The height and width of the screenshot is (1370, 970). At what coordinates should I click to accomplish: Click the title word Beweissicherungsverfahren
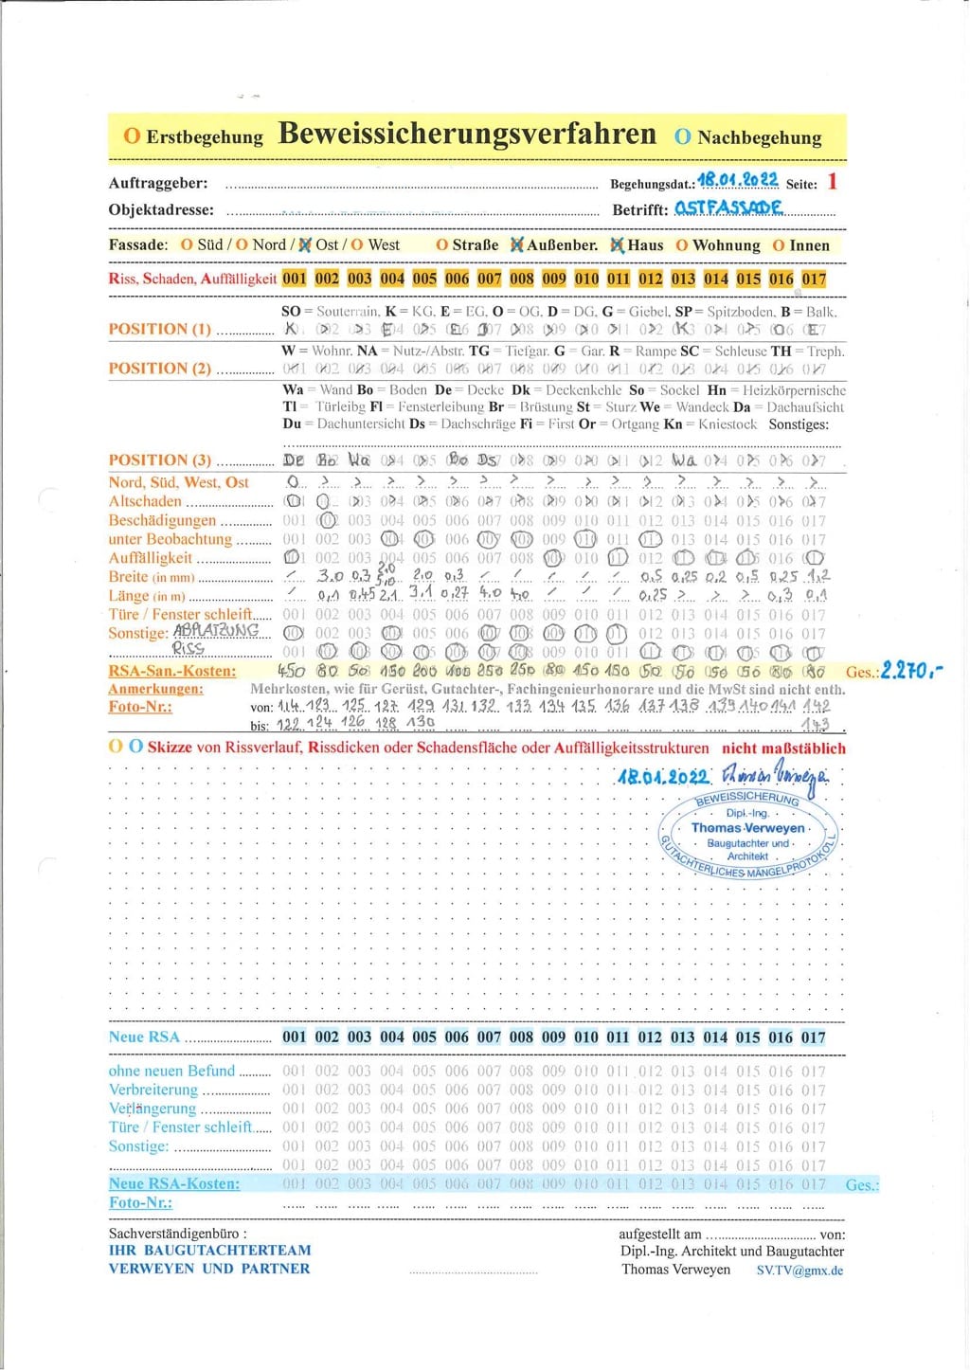pyautogui.click(x=467, y=135)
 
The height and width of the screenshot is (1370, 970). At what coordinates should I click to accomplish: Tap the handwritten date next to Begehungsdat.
pyautogui.click(x=737, y=180)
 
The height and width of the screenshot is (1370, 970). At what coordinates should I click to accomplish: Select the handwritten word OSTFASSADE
pyautogui.click(x=728, y=207)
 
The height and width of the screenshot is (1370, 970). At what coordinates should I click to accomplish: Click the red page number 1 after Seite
pyautogui.click(x=832, y=182)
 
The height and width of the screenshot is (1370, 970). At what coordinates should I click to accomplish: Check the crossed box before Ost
pyautogui.click(x=305, y=244)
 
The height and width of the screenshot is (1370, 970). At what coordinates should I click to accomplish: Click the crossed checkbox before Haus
pyautogui.click(x=618, y=245)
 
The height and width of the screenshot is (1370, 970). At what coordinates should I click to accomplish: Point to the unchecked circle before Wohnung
pyautogui.click(x=682, y=245)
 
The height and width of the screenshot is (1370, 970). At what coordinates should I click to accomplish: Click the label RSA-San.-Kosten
pyautogui.click(x=171, y=671)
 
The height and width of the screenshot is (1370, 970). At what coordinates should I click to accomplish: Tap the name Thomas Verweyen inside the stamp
pyautogui.click(x=747, y=827)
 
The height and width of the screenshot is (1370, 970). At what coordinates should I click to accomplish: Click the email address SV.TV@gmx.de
pyautogui.click(x=799, y=1271)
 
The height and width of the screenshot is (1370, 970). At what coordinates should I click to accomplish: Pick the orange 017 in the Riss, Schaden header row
pyautogui.click(x=814, y=279)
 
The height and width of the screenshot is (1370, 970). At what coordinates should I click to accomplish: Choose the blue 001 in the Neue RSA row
pyautogui.click(x=295, y=1037)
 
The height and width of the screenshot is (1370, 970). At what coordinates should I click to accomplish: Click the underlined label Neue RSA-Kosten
pyautogui.click(x=173, y=1183)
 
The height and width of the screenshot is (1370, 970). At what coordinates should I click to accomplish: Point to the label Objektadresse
pyautogui.click(x=161, y=210)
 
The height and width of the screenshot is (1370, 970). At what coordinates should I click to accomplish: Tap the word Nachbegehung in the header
pyautogui.click(x=759, y=137)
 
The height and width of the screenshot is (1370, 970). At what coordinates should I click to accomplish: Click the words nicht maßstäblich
pyautogui.click(x=783, y=748)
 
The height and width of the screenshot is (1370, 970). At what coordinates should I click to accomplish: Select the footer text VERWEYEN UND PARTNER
pyautogui.click(x=209, y=1269)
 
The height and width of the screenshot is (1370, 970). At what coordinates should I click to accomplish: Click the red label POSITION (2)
pyautogui.click(x=160, y=369)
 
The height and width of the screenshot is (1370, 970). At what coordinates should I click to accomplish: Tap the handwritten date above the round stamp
pyautogui.click(x=663, y=777)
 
